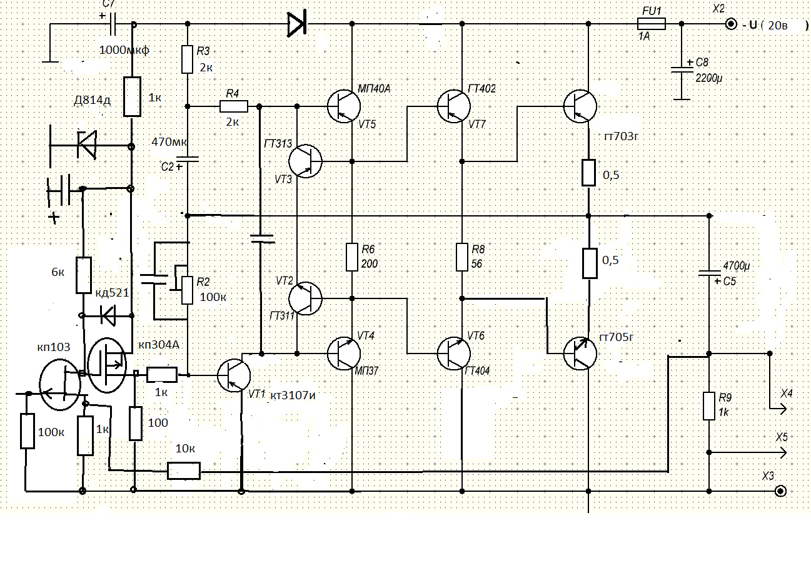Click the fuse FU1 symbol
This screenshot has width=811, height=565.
click(651, 24)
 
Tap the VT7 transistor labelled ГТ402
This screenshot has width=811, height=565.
click(453, 106)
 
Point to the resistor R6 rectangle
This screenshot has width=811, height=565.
click(352, 257)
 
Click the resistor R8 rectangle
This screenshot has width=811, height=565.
click(462, 257)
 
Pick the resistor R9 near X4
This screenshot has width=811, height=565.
click(708, 405)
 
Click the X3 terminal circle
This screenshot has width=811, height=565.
click(780, 491)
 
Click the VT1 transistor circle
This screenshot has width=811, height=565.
click(234, 375)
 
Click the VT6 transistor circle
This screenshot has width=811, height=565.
click(453, 353)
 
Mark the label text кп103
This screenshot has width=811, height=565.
click(54, 347)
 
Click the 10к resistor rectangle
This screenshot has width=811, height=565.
click(184, 471)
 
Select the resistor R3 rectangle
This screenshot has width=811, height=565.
click(187, 59)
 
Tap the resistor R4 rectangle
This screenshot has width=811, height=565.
click(233, 106)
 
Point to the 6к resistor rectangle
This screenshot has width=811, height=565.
click(83, 275)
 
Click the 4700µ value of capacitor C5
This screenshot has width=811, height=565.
click(735, 266)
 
